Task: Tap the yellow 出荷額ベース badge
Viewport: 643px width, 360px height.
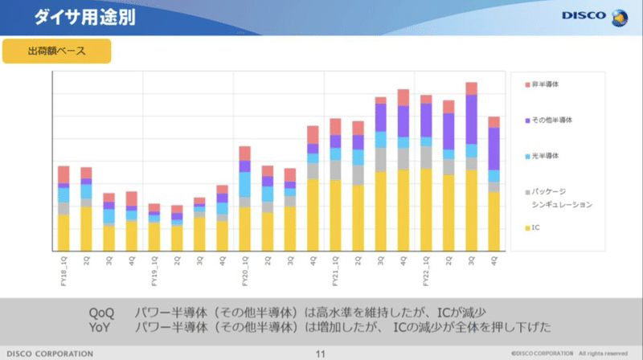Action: point(56,51)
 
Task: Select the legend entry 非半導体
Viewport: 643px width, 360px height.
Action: point(547,84)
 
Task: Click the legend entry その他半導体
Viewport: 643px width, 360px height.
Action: point(551,120)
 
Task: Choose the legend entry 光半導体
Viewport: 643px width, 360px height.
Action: point(547,156)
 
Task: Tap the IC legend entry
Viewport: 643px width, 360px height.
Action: point(534,228)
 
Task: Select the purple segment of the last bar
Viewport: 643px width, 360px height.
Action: point(494,149)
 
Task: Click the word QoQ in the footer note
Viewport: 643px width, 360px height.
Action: point(103,312)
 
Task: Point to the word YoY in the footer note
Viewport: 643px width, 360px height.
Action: point(103,327)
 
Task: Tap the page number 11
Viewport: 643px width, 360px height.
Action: point(321,354)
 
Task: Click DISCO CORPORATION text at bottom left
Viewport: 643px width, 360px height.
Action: point(51,354)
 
